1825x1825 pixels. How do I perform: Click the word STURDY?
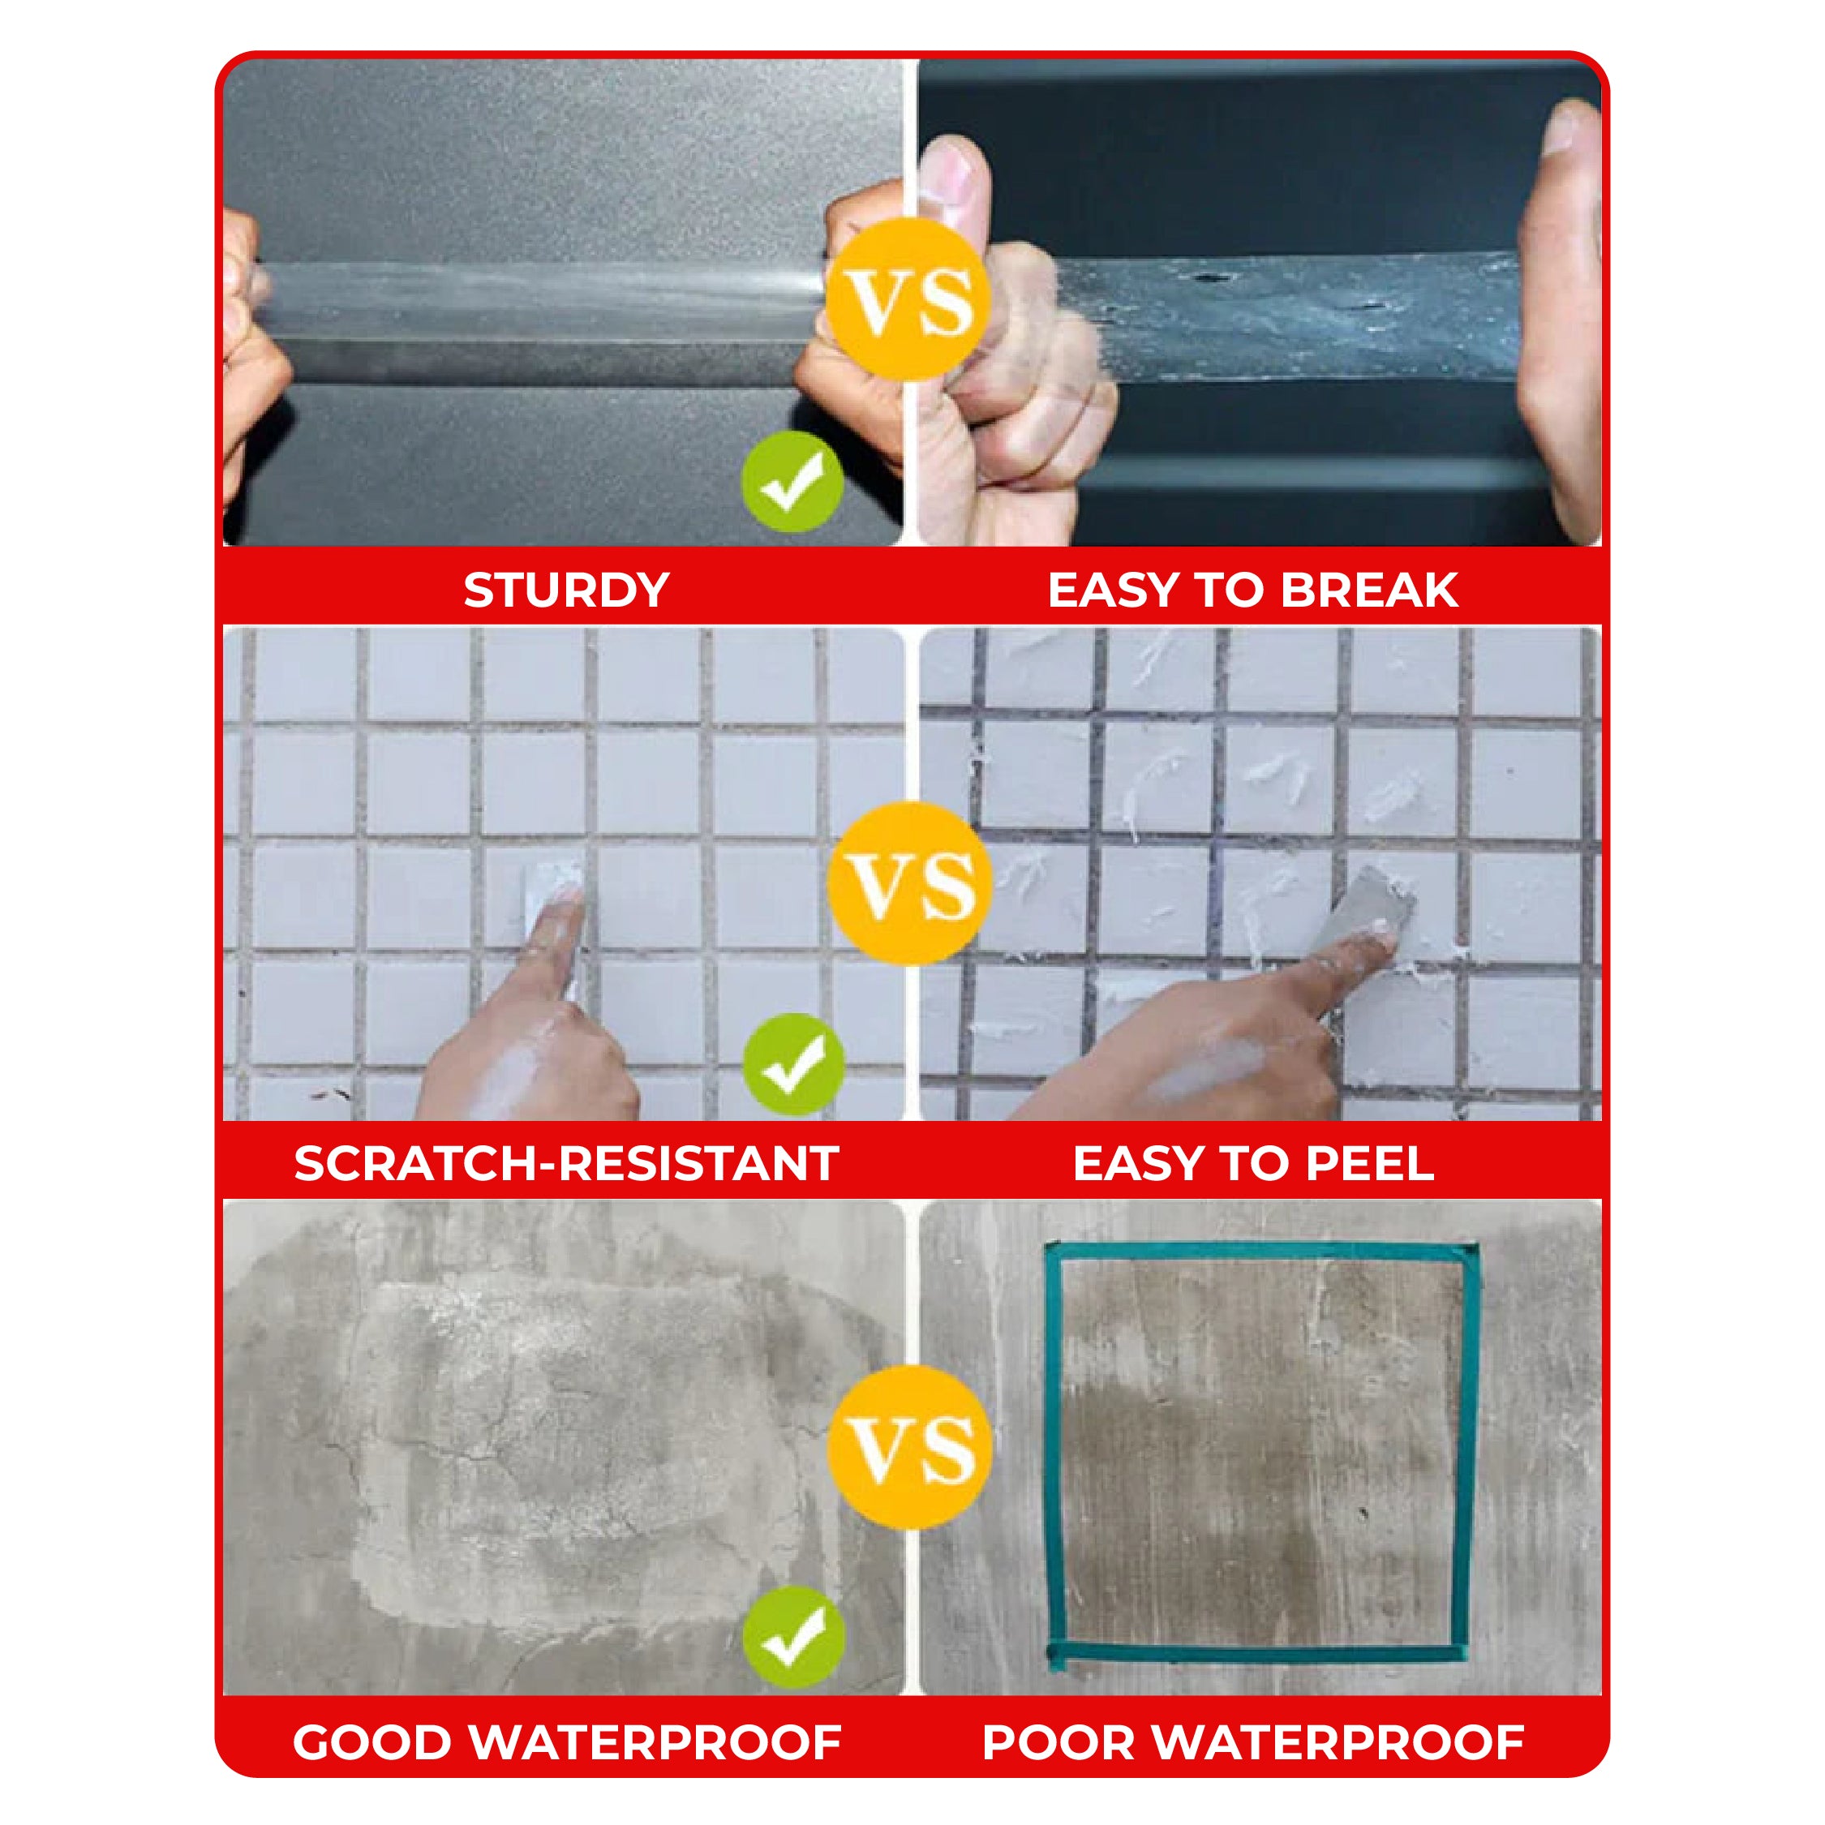pos(566,590)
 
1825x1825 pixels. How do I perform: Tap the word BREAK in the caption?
pos(1370,590)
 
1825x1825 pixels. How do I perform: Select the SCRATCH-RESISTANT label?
pos(566,1163)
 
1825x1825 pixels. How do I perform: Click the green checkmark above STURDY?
pos(792,483)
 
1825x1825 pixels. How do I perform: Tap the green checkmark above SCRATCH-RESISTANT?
pos(792,1064)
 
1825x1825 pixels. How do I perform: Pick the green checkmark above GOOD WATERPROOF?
pos(792,1638)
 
